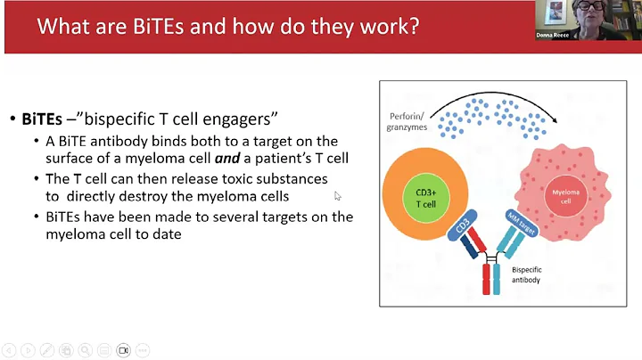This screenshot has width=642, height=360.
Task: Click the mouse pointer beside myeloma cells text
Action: [x=338, y=195]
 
